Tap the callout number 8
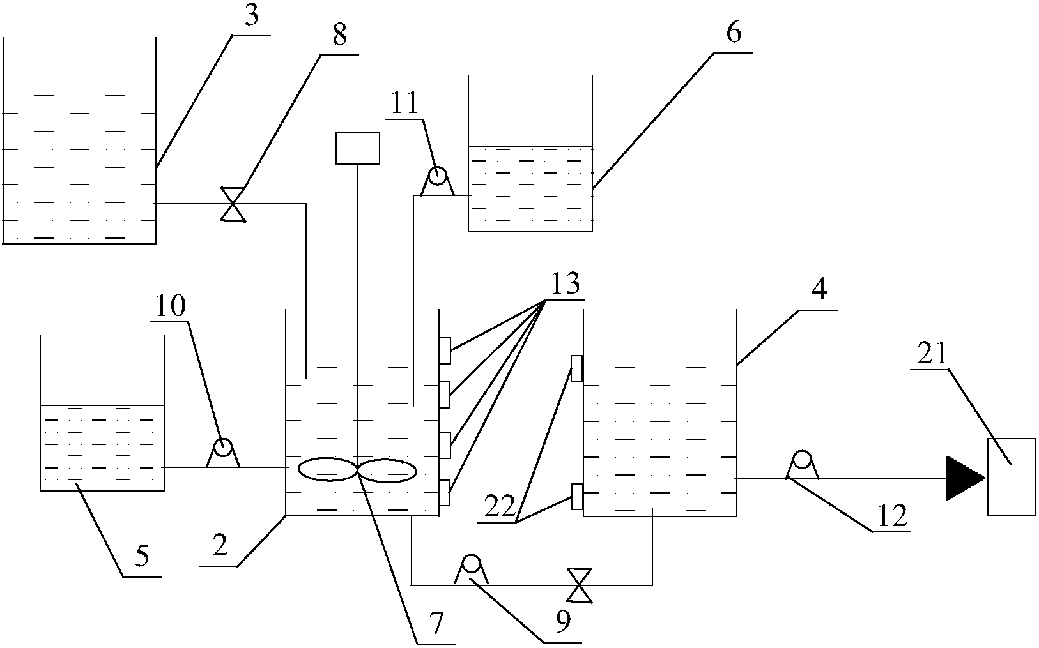(339, 36)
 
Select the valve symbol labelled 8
(233, 204)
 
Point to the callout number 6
(734, 33)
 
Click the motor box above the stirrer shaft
(358, 148)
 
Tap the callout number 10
(171, 306)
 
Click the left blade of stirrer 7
(327, 469)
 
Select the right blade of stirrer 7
(387, 471)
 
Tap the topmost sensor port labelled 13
(445, 350)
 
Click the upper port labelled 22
(576, 368)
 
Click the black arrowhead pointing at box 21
(964, 478)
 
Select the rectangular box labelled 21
(1011, 476)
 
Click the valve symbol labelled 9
(580, 585)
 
